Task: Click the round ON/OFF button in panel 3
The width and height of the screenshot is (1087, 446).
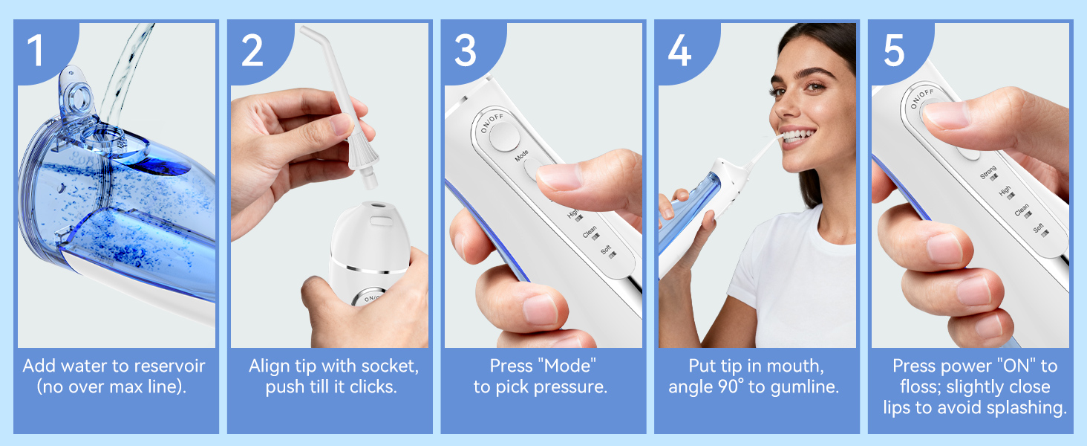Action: tap(504, 137)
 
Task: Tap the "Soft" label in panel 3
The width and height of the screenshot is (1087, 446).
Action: tap(607, 251)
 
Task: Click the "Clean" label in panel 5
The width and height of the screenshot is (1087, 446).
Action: tap(1023, 212)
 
